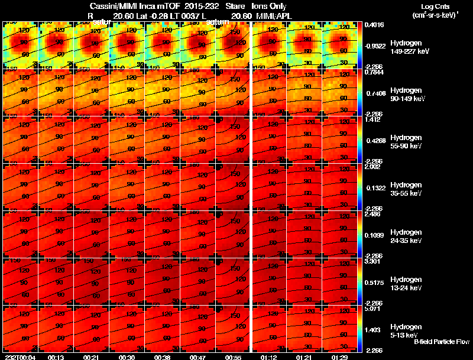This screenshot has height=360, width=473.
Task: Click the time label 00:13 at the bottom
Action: tap(56, 357)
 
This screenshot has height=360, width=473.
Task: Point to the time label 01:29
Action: tap(339, 357)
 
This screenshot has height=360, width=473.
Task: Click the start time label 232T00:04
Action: tap(20, 357)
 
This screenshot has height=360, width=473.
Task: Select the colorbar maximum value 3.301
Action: tap(374, 261)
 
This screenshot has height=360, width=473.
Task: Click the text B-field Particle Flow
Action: tap(441, 342)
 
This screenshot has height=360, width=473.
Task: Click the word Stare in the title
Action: tap(235, 5)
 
